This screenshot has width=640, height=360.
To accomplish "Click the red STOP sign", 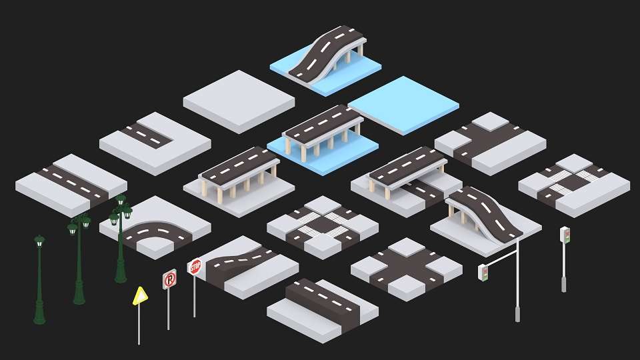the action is coord(195,267).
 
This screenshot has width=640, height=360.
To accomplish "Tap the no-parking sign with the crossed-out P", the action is coord(169,279).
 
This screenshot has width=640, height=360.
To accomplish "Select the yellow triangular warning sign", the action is coord(139,296).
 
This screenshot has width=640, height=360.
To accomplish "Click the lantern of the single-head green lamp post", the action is coord(39,241).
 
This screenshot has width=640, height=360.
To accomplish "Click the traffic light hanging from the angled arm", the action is coord(483,273).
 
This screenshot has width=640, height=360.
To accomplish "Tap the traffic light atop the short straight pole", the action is coord(565,235).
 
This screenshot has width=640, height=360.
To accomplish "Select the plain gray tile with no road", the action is coord(239,101).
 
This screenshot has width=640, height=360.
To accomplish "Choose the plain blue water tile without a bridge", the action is coord(403,105).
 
